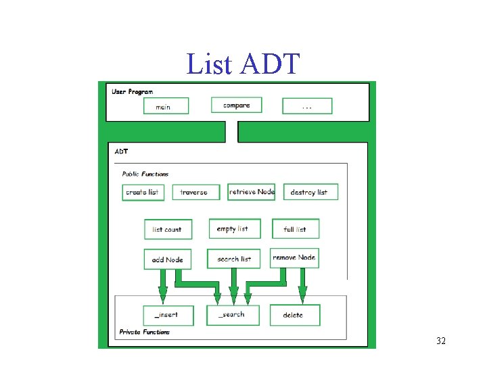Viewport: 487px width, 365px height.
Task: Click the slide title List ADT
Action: (242, 64)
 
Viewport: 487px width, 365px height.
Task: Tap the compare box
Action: (236, 105)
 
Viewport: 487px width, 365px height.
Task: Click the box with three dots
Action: (307, 106)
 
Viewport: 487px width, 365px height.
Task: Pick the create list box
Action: (142, 192)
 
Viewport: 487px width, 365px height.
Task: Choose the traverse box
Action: (195, 192)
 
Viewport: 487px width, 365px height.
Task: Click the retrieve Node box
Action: (252, 192)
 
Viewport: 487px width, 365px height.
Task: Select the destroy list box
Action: (310, 192)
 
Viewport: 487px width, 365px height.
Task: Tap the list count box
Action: (168, 229)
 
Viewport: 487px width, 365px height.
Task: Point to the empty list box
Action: (233, 228)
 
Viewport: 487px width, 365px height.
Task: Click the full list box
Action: (296, 229)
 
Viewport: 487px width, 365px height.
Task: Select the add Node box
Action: (168, 260)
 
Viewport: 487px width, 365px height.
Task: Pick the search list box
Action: (234, 259)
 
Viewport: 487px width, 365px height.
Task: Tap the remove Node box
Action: (294, 258)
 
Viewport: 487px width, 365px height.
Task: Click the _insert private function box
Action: (166, 315)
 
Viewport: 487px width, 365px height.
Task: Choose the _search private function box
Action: (233, 315)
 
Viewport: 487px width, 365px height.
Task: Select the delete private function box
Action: (294, 315)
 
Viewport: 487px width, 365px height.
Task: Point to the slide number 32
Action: (441, 341)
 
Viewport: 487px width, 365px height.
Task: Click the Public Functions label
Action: (145, 174)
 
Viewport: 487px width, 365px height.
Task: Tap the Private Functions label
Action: (145, 332)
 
